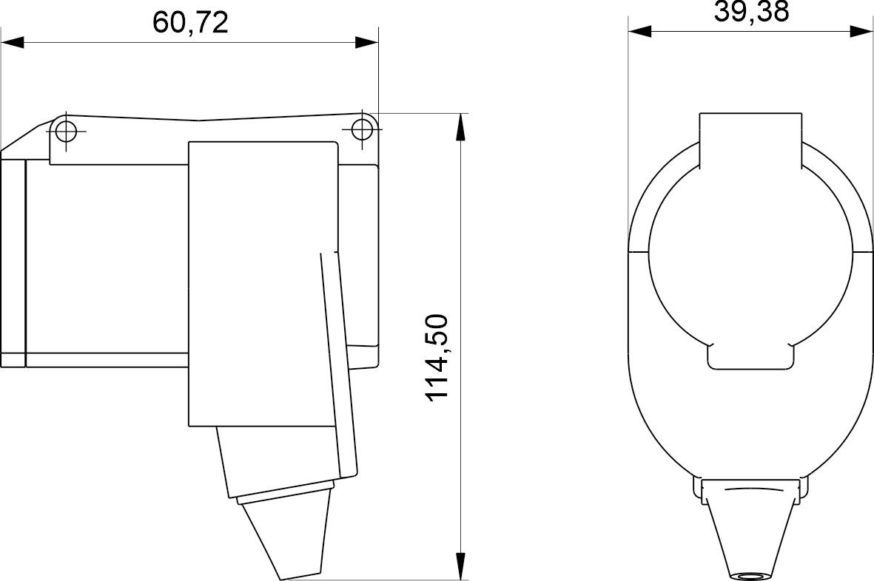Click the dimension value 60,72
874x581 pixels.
click(x=190, y=23)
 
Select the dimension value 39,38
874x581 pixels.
click(x=751, y=12)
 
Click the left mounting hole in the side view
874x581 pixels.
click(x=66, y=132)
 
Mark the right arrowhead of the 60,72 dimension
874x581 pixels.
click(x=367, y=43)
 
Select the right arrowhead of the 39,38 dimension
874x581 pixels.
click(x=862, y=32)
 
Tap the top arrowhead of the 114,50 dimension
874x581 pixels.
click(x=461, y=126)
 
